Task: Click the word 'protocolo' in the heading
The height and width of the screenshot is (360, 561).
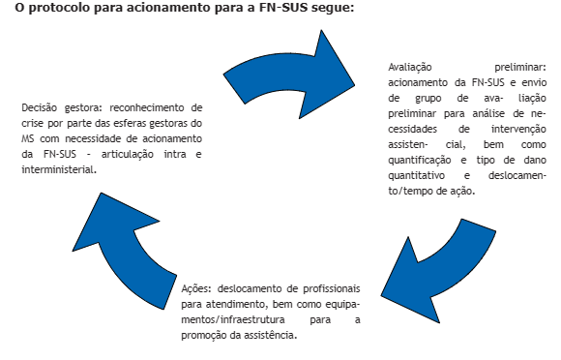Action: coord(59,9)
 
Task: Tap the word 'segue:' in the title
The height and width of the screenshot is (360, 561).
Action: coord(333,9)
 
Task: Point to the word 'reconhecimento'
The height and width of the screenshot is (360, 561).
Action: coord(151,107)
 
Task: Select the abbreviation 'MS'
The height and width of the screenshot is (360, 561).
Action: coord(27,138)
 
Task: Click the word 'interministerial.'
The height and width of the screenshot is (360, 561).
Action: coord(59,169)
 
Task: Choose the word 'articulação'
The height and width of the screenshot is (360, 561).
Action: coord(128,155)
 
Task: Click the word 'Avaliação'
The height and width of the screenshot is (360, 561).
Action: coord(410,68)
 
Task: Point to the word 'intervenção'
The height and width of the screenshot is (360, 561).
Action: coord(518,130)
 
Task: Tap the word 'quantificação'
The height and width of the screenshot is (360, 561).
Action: coord(420,161)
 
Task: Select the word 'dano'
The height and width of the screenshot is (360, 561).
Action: coord(535,160)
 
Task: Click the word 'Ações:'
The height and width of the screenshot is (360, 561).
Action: coord(196,289)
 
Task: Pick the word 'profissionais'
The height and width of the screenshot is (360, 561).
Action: coord(332,288)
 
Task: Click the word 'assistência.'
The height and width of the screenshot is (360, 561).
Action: coord(271,336)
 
